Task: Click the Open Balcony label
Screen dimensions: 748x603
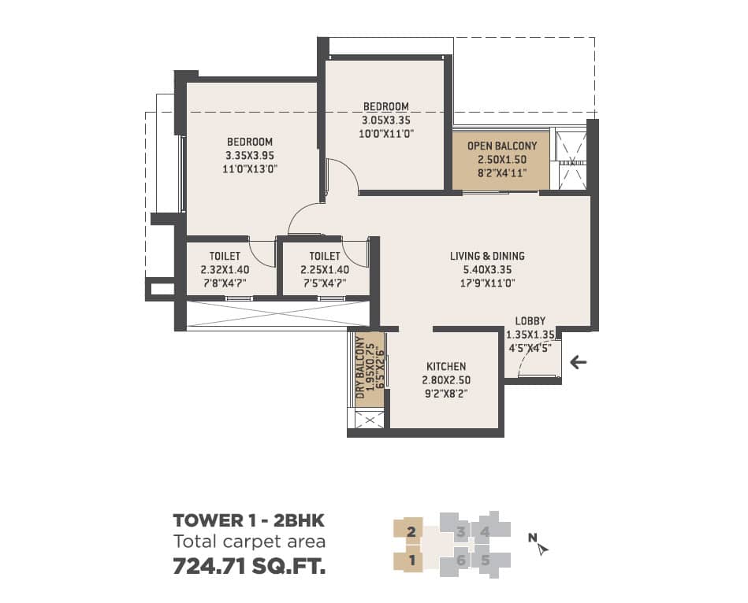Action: pos(502,146)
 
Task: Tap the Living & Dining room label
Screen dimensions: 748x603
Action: pos(487,256)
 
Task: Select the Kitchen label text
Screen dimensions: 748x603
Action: pos(446,366)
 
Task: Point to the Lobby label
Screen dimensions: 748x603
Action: pos(530,321)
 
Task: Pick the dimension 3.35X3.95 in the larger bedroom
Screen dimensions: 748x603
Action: pos(250,155)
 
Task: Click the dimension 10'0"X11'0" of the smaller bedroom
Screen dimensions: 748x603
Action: pos(386,134)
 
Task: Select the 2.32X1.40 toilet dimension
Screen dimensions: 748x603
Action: pos(225,269)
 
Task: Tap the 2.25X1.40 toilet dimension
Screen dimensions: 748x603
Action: pos(325,269)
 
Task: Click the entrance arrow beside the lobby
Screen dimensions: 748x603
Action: pos(579,362)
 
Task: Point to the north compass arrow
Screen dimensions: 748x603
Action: pos(542,549)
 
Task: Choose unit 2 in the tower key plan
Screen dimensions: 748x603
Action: pos(411,531)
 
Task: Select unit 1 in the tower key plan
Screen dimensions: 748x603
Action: pos(412,560)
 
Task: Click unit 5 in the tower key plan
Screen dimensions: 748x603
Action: pos(486,560)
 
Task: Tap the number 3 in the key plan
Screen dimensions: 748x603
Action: pos(460,531)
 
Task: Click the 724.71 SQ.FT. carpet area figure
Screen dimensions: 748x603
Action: pos(250,566)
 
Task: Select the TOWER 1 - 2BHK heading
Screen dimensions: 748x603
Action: pos(248,520)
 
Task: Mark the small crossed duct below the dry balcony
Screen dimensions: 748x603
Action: pos(369,420)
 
